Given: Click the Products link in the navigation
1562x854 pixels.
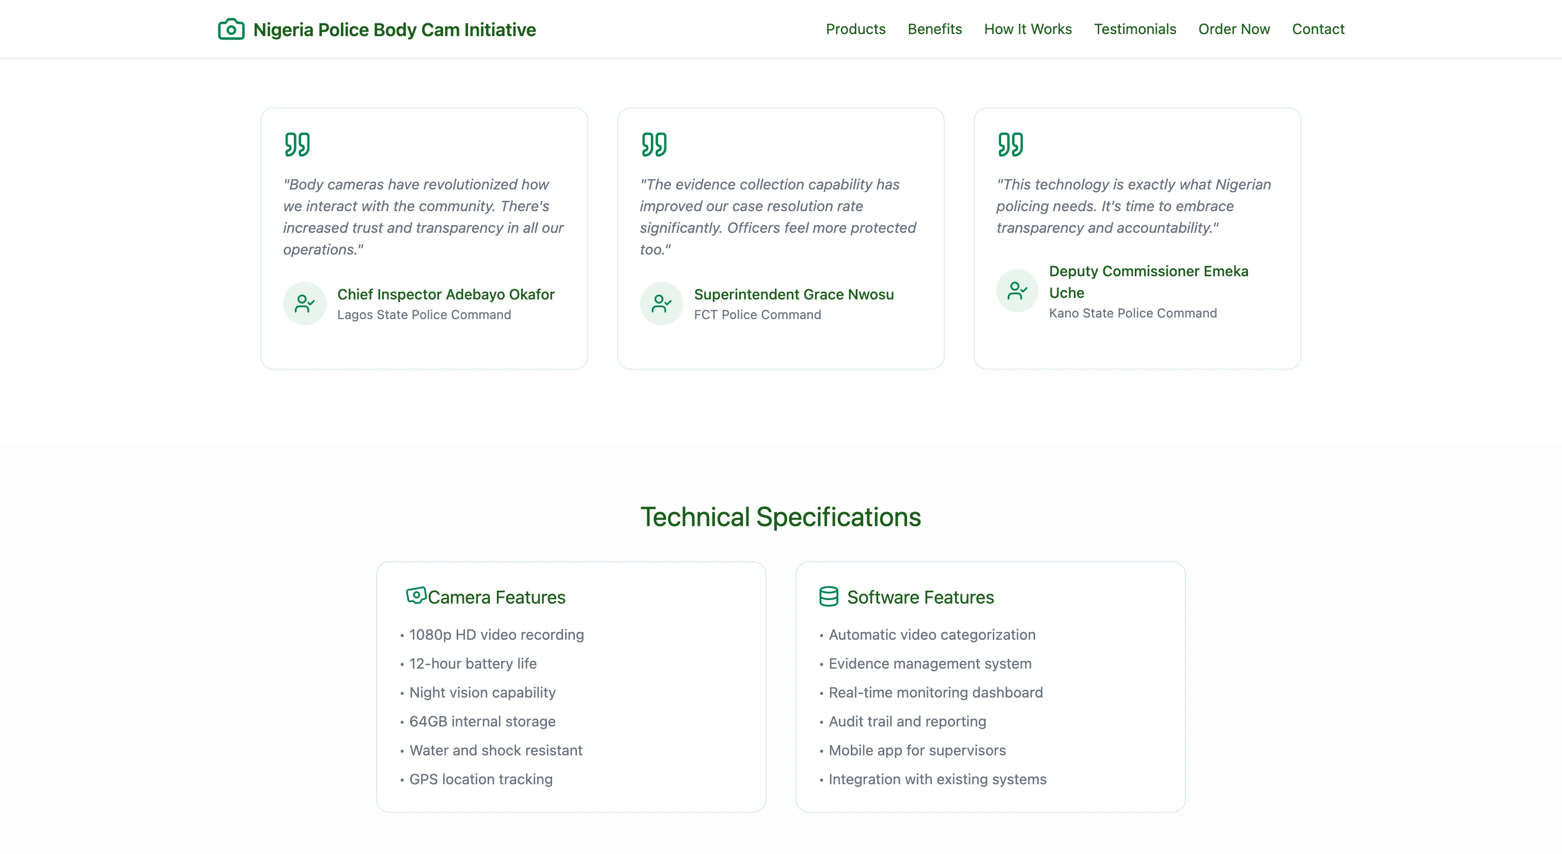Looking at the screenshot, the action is coord(855,29).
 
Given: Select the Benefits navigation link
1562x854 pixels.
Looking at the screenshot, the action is coord(934,29).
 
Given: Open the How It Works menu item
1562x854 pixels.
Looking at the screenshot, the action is coord(1028,29).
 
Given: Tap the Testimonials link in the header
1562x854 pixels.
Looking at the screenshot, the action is coord(1135,29).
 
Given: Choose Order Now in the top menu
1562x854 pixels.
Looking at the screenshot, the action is coord(1234,29).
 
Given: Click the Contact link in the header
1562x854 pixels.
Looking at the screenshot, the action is coord(1318,29).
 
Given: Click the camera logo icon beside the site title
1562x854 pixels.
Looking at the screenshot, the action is coord(231,29).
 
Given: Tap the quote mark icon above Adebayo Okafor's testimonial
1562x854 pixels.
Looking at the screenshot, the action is coord(297,144).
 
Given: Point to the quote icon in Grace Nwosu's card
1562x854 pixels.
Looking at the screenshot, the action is coord(653,144).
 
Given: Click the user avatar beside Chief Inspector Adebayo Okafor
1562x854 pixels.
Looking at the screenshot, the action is coord(304,303).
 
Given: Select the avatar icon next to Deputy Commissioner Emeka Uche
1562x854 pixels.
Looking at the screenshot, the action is coord(1018,291).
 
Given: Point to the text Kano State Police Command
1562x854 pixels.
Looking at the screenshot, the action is coord(1133,313).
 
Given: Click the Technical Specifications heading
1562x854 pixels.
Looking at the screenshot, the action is coord(781,517).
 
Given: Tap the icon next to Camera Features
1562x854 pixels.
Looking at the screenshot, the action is coord(416,596).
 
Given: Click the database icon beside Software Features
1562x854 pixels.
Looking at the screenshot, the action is coord(829,596).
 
